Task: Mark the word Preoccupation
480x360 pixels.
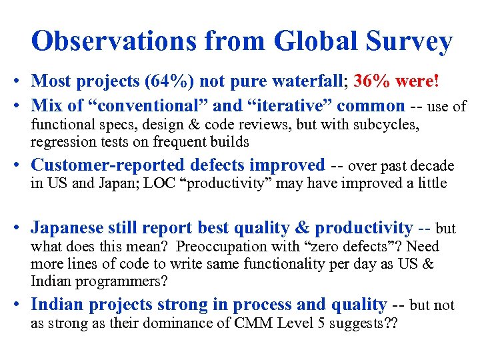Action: (219, 247)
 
